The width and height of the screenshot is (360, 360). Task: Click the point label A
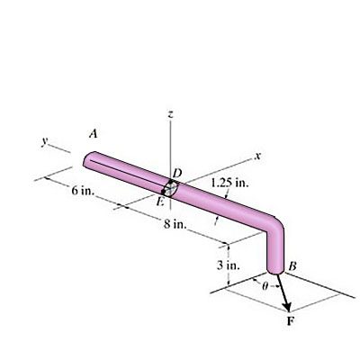click(x=93, y=133)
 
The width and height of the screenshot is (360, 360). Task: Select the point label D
click(x=176, y=172)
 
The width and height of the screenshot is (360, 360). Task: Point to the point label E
click(x=159, y=202)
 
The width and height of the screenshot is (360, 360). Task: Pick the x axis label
click(x=257, y=158)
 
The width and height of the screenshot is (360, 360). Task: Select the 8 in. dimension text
click(x=176, y=223)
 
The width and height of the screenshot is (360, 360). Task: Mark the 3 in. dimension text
click(x=228, y=265)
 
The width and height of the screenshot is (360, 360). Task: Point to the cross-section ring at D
click(x=170, y=188)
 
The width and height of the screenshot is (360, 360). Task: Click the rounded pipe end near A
click(x=88, y=160)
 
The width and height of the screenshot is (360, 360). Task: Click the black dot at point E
click(x=163, y=191)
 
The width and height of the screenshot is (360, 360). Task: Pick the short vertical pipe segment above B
click(x=278, y=250)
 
